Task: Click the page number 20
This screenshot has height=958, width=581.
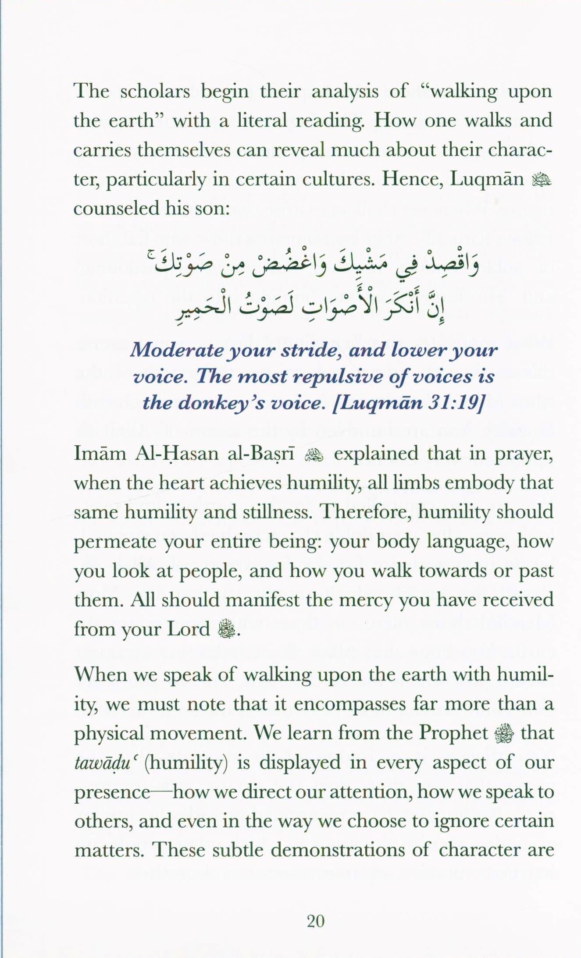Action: click(316, 921)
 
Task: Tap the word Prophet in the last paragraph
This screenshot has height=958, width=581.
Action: click(453, 733)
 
